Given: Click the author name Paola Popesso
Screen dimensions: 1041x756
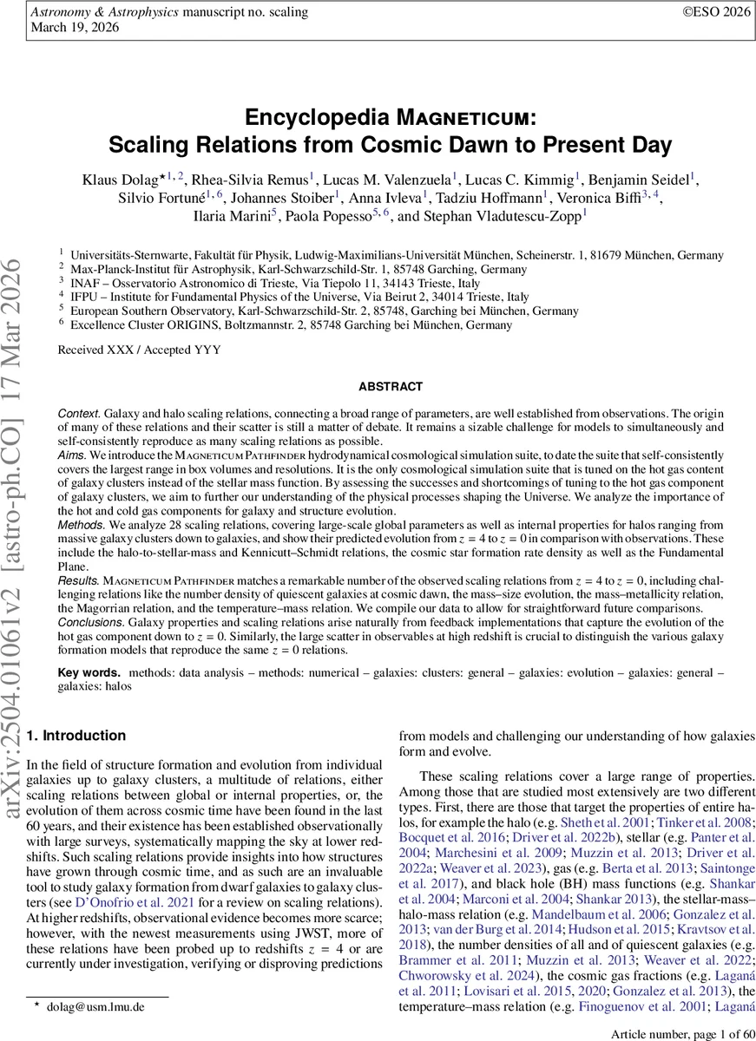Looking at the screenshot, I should click(332, 214).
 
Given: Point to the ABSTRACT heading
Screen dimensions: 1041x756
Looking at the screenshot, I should click(390, 387).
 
